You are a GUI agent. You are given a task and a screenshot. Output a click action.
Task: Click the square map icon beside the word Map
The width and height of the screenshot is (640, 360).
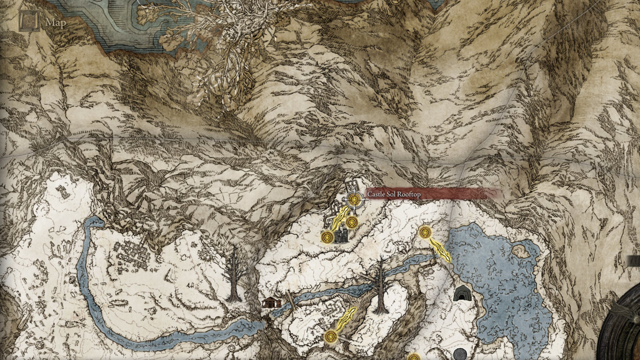tap(29, 21)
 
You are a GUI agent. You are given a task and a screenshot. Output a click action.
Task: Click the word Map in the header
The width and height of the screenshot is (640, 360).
tap(55, 22)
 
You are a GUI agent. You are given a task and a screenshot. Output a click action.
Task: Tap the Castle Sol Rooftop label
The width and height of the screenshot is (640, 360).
tap(394, 194)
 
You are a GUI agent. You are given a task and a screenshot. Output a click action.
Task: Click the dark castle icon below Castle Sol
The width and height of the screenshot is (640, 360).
tap(341, 235)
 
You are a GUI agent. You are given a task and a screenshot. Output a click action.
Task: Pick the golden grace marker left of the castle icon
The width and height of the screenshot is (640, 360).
tap(327, 237)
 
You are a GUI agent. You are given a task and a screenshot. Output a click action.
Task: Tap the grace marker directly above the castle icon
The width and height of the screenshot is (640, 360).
tap(351, 222)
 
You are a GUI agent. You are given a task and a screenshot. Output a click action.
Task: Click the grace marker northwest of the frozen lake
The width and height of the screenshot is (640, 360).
tap(424, 232)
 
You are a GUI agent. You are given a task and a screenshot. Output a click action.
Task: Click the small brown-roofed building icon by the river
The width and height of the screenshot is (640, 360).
tap(271, 302)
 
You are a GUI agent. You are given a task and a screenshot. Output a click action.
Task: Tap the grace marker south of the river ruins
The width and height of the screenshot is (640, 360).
tap(330, 336)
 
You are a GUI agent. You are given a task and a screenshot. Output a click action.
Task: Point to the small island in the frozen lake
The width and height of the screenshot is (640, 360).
tap(520, 250)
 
